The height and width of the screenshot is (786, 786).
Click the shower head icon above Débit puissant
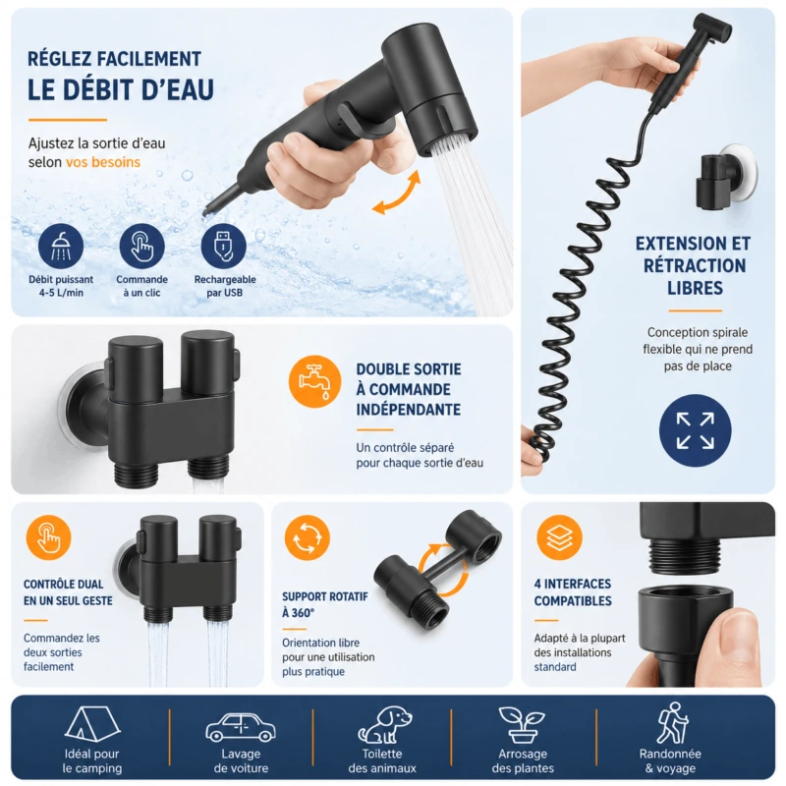click(61, 247)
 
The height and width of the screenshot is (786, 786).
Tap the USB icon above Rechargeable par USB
click(224, 247)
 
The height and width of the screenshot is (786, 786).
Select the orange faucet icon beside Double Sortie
click(314, 381)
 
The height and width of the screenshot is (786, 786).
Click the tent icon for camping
click(92, 724)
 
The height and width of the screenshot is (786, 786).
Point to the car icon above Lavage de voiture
click(241, 727)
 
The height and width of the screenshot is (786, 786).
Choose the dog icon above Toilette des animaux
click(384, 724)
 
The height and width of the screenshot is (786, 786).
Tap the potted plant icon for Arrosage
click(522, 725)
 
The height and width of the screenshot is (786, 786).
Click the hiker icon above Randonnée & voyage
click(672, 723)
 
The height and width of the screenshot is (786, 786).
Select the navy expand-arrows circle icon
click(695, 430)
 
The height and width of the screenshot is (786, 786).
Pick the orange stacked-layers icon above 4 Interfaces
click(559, 537)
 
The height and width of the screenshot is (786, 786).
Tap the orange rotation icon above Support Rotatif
click(307, 537)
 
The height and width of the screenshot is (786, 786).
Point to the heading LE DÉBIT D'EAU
click(120, 89)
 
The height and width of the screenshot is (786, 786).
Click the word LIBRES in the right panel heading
click(695, 288)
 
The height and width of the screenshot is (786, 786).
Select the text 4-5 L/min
click(61, 293)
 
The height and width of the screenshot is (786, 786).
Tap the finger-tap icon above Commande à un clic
click(141, 247)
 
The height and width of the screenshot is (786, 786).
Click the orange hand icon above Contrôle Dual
click(48, 537)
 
